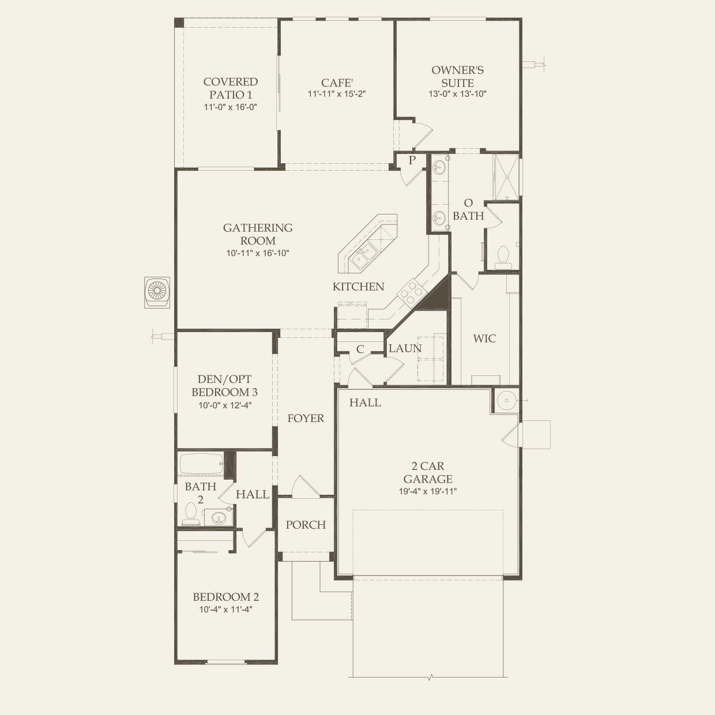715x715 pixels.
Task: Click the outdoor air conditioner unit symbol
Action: [x=157, y=292]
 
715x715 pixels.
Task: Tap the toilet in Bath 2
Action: [x=191, y=514]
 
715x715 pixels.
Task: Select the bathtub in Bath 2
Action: [x=201, y=464]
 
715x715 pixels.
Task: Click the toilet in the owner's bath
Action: [x=503, y=258]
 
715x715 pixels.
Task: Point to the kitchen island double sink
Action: [x=364, y=256]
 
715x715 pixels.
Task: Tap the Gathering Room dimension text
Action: [x=258, y=253]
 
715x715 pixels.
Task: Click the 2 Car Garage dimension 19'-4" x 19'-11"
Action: [x=428, y=491]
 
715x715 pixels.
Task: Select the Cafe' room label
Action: [x=337, y=82]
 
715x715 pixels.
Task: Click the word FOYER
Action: [x=306, y=419]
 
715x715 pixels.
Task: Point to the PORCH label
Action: [x=306, y=525]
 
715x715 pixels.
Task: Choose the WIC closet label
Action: [x=484, y=338]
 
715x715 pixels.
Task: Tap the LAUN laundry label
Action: [x=405, y=348]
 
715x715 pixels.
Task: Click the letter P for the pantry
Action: [x=412, y=160]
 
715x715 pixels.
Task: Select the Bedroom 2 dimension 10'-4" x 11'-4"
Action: [x=225, y=609]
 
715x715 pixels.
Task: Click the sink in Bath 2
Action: [x=218, y=518]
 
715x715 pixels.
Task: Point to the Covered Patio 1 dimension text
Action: [x=231, y=107]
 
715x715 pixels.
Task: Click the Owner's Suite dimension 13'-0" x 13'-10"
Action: [x=457, y=94]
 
